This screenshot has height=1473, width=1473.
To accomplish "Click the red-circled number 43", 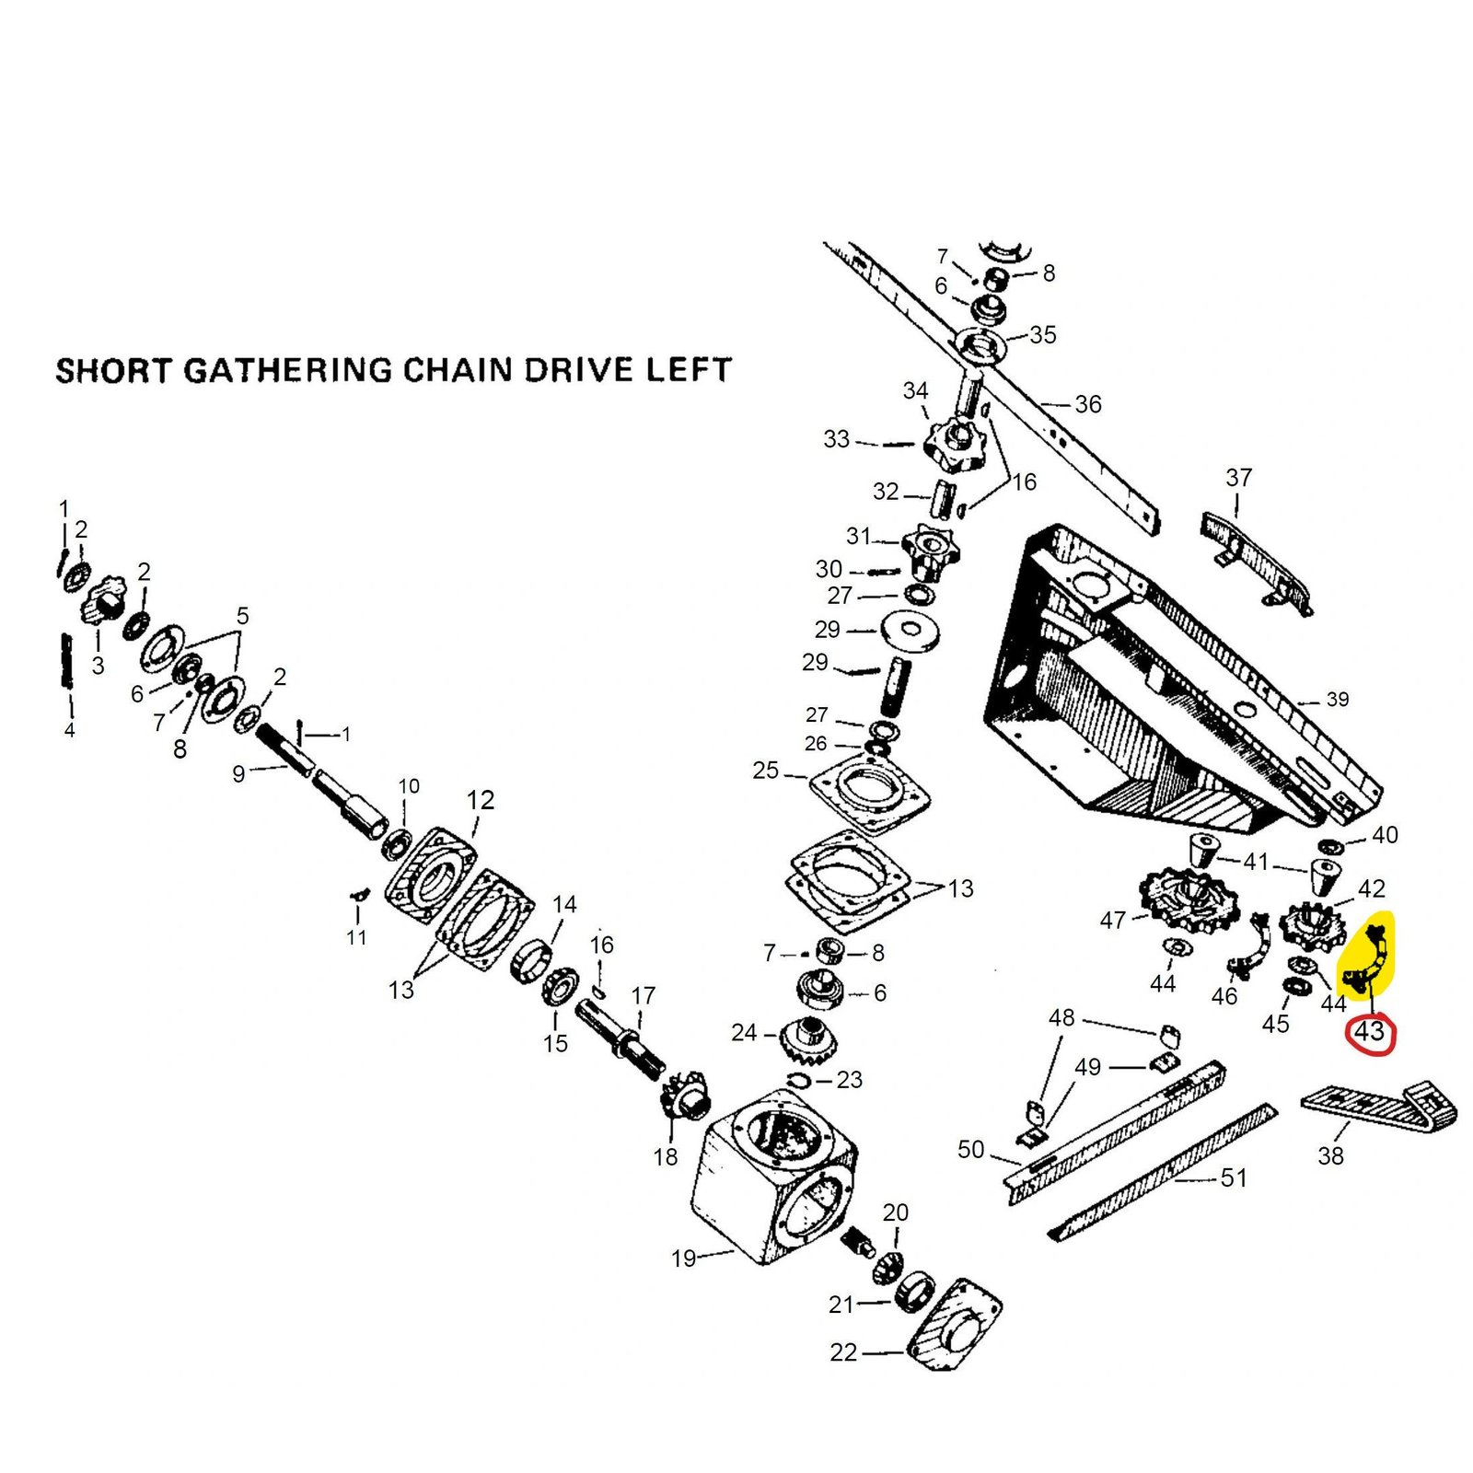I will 1370,1032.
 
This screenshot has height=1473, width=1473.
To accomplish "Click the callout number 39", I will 1337,700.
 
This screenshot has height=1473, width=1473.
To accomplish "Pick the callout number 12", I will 481,800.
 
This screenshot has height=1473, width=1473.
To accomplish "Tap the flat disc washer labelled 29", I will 910,632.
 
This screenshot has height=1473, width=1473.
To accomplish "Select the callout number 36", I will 1087,404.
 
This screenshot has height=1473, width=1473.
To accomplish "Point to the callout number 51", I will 1233,1177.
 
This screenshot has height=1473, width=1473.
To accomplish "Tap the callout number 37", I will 1238,478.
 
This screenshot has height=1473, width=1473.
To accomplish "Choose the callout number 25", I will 765,770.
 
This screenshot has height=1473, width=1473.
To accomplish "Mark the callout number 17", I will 643,995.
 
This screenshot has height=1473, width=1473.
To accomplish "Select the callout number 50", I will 971,1149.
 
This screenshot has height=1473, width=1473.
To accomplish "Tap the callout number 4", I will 69,730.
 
